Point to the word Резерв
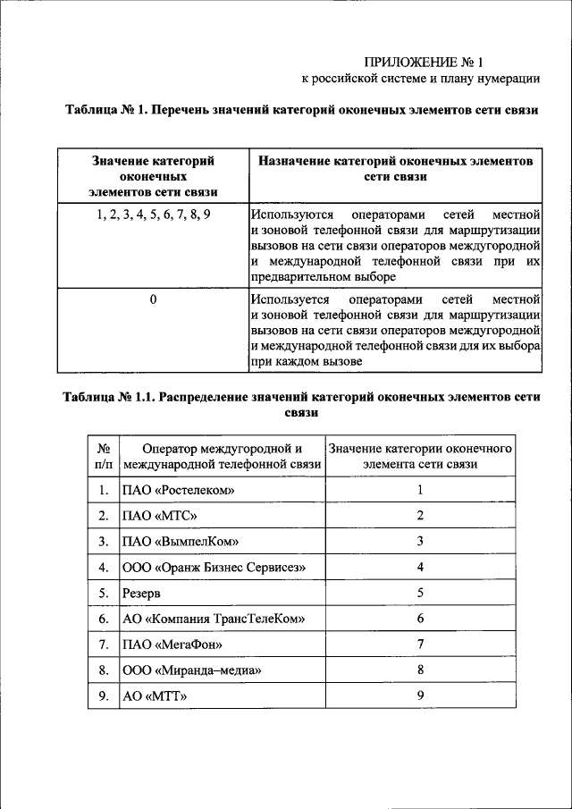(x=143, y=593)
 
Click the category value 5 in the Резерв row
(x=419, y=593)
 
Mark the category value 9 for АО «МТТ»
(x=419, y=695)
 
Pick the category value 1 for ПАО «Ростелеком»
(x=419, y=490)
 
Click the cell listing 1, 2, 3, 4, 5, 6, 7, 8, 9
(x=153, y=215)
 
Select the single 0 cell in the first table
(x=153, y=299)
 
